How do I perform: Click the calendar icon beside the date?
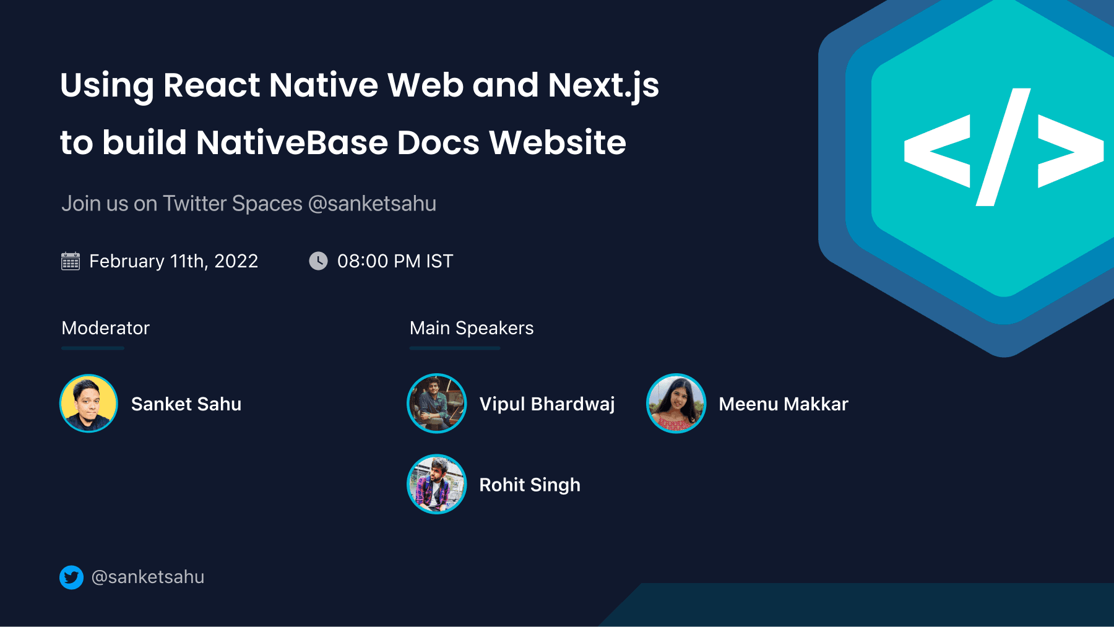click(71, 261)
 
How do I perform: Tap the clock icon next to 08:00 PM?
click(318, 261)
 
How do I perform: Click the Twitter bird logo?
click(72, 577)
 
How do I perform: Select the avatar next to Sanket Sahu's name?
click(89, 404)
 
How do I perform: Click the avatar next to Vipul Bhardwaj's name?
click(436, 404)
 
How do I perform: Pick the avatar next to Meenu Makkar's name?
click(676, 404)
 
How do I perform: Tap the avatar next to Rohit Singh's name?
click(436, 484)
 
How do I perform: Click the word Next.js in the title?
click(603, 85)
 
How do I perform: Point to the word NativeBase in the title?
click(291, 142)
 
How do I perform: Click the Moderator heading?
click(106, 328)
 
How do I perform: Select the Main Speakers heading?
click(472, 328)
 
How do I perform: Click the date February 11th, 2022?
click(173, 261)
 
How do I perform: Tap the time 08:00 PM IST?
click(395, 261)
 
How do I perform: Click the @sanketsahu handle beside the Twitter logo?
click(148, 577)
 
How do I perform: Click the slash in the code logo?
click(1003, 147)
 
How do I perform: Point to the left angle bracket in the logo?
click(937, 150)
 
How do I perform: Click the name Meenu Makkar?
click(784, 404)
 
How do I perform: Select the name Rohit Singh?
click(530, 485)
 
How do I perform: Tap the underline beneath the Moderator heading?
click(93, 348)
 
